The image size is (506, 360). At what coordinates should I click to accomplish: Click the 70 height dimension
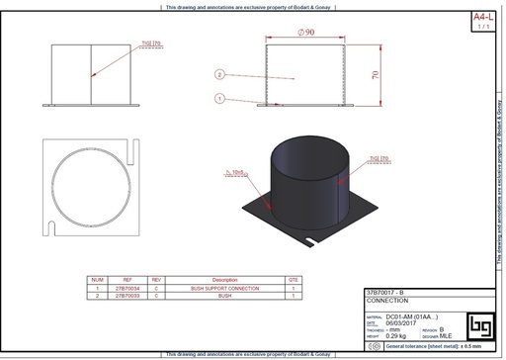(x=375, y=74)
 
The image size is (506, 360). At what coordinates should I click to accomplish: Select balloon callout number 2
(x=220, y=74)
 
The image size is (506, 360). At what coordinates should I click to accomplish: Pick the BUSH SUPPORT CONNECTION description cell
(x=224, y=288)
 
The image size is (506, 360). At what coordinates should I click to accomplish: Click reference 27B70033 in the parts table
(x=128, y=295)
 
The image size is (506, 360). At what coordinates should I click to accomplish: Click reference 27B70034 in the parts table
(x=128, y=288)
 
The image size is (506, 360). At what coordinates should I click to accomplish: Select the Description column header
(x=224, y=280)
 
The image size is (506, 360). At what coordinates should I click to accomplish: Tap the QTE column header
(x=294, y=280)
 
